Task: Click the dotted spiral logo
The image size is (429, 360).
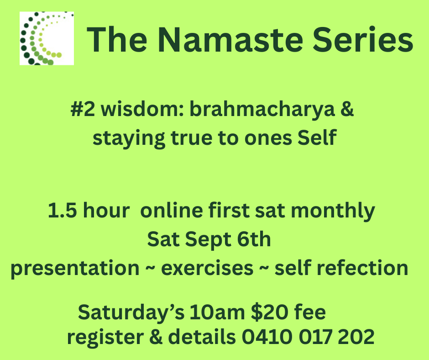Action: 47,38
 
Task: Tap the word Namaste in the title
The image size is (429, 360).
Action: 230,40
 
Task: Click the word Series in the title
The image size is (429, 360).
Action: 363,40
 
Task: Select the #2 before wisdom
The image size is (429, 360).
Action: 83,109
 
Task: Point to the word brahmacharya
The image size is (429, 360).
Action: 262,110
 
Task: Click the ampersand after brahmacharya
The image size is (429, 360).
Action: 347,109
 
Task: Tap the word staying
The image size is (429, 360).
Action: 129,139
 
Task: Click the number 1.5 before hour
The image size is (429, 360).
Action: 63,211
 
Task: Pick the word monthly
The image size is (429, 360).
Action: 333,212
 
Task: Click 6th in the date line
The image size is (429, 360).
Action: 254,239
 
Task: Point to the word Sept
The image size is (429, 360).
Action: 208,240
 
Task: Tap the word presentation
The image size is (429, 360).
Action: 75,269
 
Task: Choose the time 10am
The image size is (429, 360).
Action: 217,312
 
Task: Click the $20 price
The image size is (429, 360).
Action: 269,312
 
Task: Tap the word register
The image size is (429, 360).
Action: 105,338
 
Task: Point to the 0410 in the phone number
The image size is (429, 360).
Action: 267,336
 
